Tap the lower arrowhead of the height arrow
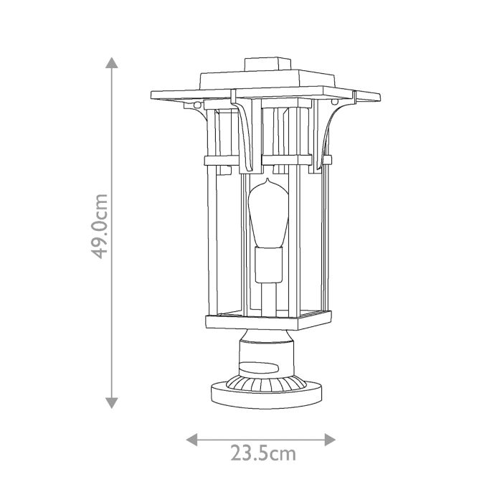[x=112, y=403]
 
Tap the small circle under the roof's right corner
[x=336, y=105]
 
